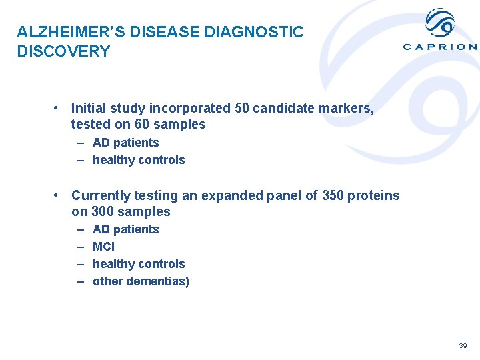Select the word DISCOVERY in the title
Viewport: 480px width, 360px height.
(63, 52)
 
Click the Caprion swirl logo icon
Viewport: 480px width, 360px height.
(440, 23)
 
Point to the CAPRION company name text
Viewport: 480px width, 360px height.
(440, 47)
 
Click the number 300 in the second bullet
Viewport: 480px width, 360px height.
(102, 212)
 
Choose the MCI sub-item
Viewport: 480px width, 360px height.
(103, 247)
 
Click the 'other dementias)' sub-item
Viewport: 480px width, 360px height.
(141, 281)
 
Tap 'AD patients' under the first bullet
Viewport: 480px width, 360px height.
(125, 143)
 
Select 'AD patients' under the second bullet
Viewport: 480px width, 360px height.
(125, 229)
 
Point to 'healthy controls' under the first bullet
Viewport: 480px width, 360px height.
(139, 160)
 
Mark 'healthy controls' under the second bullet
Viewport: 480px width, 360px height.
(139, 264)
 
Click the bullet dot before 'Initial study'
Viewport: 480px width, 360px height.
(59, 108)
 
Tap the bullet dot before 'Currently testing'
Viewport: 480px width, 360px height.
(59, 195)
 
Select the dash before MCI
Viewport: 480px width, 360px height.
(81, 247)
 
